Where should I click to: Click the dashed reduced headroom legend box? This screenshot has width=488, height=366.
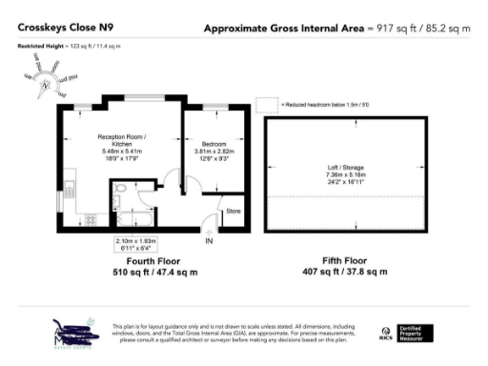(275, 103)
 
